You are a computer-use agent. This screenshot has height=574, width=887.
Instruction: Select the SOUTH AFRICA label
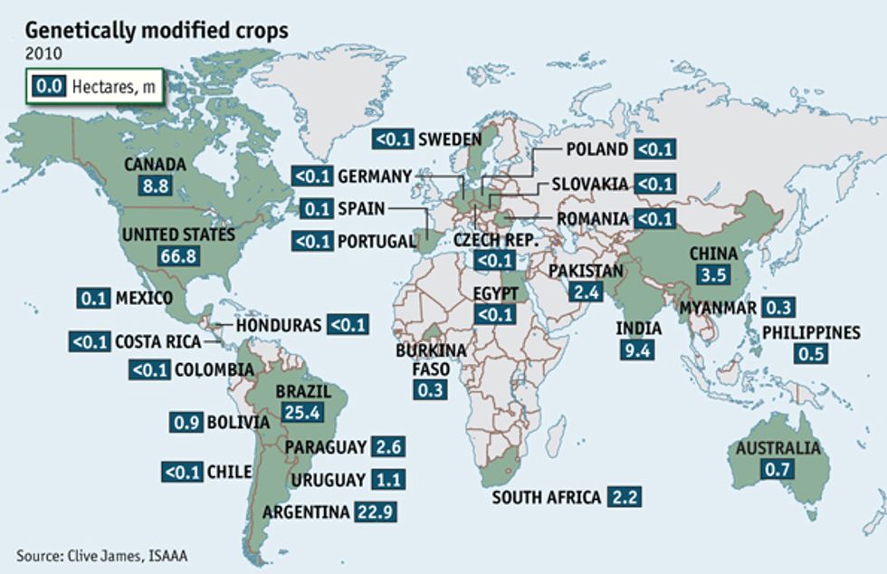click(x=547, y=497)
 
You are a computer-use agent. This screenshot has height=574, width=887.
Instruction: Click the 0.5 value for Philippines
click(x=809, y=354)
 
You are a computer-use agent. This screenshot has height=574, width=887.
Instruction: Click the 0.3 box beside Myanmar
click(x=778, y=308)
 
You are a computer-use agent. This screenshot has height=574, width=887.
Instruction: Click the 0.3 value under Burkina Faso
click(x=429, y=390)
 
